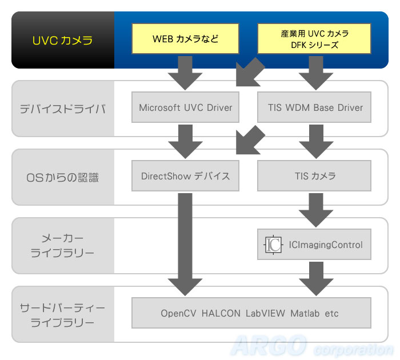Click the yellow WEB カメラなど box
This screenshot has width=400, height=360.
(185, 38)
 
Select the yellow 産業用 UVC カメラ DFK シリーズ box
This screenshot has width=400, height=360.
(314, 38)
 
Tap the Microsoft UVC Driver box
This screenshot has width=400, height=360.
(185, 107)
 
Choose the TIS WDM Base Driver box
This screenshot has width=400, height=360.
(314, 107)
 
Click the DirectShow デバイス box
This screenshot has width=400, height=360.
(185, 176)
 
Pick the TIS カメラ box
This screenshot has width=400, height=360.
(314, 176)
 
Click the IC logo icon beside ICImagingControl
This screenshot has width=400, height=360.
(273, 245)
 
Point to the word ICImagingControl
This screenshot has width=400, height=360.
(326, 245)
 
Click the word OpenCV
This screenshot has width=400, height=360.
(178, 313)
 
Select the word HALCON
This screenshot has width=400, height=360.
(221, 313)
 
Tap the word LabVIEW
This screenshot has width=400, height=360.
(265, 313)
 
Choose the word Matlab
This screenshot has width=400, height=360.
(305, 313)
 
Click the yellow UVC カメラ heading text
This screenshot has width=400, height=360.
(62, 41)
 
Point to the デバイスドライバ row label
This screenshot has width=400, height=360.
(63, 109)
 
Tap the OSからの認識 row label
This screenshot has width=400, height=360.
(62, 178)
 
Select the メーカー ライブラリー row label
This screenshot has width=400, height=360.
(62, 246)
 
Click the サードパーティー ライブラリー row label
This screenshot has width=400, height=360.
(62, 315)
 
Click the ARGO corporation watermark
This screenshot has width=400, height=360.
(312, 346)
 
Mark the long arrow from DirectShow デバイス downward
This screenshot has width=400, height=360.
(185, 245)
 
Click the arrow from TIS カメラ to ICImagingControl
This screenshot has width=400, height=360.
(316, 210)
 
